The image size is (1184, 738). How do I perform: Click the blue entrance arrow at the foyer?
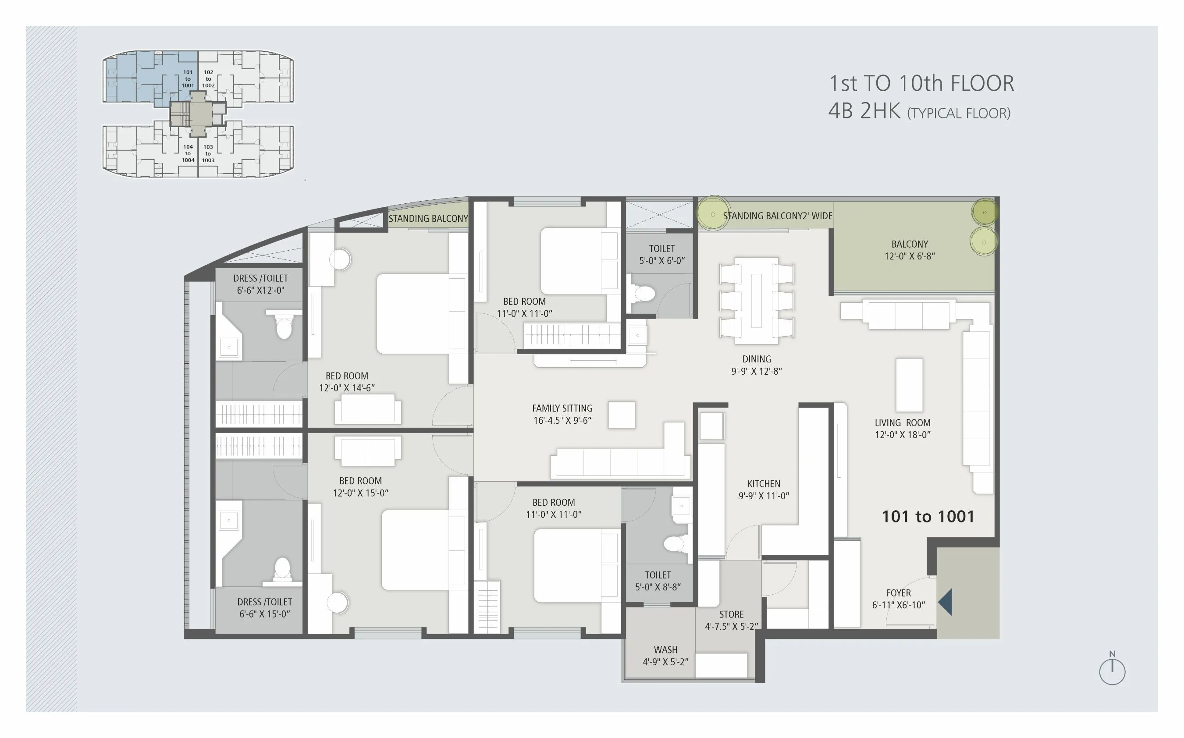(x=946, y=602)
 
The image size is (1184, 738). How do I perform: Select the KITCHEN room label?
(x=764, y=490)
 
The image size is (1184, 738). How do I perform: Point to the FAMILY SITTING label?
(x=562, y=414)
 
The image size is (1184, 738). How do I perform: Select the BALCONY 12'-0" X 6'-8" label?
(x=909, y=250)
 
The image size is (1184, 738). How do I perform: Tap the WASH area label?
(x=665, y=656)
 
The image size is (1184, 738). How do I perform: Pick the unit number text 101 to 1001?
(x=928, y=516)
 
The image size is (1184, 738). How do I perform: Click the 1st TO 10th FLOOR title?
(x=921, y=83)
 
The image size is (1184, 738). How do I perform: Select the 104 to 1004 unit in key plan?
(x=188, y=153)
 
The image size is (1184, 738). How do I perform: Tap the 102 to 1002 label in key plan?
(x=209, y=78)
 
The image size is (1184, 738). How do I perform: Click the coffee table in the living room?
(x=909, y=385)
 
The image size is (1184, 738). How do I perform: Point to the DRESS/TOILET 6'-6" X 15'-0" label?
(x=264, y=608)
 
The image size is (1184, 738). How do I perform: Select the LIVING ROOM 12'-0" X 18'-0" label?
(x=902, y=429)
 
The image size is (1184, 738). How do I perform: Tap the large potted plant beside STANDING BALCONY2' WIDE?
(x=712, y=214)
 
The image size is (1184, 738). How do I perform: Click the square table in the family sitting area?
(x=621, y=415)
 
